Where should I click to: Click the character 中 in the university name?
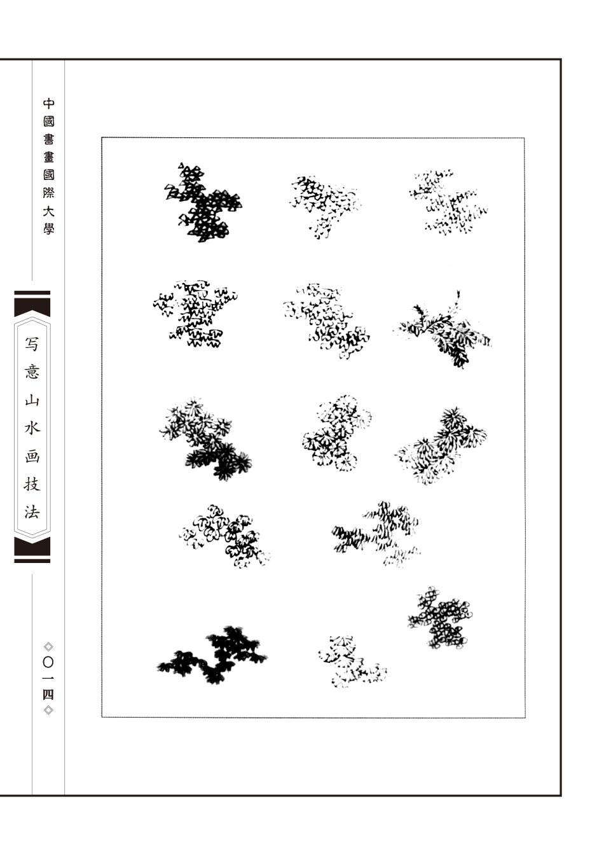pyautogui.click(x=48, y=104)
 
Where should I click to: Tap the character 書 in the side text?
pyautogui.click(x=48, y=139)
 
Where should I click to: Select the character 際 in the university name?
pyautogui.click(x=48, y=193)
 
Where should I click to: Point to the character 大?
pyautogui.click(x=48, y=211)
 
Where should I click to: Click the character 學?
pyautogui.click(x=48, y=228)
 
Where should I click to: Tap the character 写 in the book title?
pyautogui.click(x=32, y=344)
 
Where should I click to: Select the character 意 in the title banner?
pyautogui.click(x=32, y=372)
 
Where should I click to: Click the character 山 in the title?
pyautogui.click(x=32, y=400)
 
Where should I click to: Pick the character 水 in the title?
pyautogui.click(x=32, y=428)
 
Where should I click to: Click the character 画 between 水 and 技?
pyautogui.click(x=32, y=456)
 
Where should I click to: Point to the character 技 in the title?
pyautogui.click(x=32, y=484)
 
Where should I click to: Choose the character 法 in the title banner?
pyautogui.click(x=32, y=512)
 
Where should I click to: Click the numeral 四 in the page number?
pyautogui.click(x=48, y=695)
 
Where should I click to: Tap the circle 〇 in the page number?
pyautogui.click(x=48, y=662)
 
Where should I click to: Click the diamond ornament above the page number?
pyautogui.click(x=48, y=646)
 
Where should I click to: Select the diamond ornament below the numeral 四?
pyautogui.click(x=48, y=710)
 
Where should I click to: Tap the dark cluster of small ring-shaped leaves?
pyautogui.click(x=441, y=618)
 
